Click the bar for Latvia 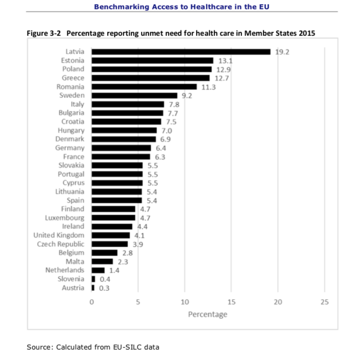[x=181, y=52]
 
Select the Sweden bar [x=134, y=95]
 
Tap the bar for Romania [x=144, y=87]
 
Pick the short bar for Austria [x=93, y=288]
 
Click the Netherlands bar [x=98, y=270]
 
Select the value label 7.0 [x=167, y=130]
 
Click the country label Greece [x=73, y=78]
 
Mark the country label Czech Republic [x=60, y=244]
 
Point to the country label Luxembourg [x=64, y=217]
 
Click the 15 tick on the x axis [x=231, y=302]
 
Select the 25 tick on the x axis [x=324, y=302]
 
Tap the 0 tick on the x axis [x=91, y=302]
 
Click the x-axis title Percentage [x=207, y=314]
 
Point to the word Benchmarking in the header [x=117, y=7]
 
